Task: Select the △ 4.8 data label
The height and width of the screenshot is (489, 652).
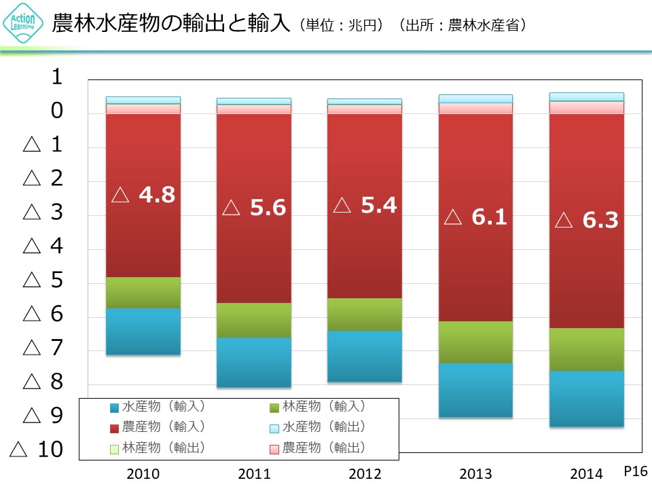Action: (x=143, y=196)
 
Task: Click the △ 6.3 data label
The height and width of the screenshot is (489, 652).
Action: (x=587, y=221)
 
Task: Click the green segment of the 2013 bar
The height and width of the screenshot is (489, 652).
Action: (x=475, y=342)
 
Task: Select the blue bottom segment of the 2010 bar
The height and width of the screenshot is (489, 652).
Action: (x=143, y=331)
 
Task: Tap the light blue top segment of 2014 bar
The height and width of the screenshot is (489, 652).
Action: (x=587, y=96)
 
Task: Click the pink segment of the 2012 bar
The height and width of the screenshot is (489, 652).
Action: (x=365, y=109)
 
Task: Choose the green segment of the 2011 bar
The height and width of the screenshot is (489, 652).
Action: (x=254, y=320)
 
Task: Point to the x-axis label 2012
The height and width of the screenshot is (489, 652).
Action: (x=365, y=473)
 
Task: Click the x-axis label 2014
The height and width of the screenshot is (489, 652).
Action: (x=587, y=473)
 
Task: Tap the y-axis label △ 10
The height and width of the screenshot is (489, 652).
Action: (x=38, y=449)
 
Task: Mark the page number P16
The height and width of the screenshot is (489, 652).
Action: (x=636, y=470)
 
